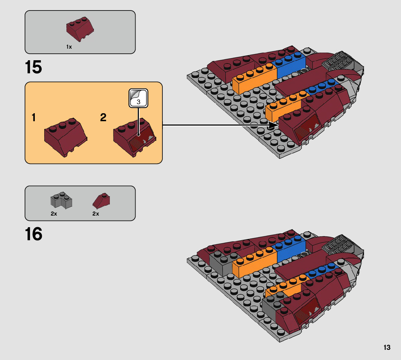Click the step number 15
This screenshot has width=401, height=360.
(33, 68)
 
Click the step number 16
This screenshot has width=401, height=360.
(33, 234)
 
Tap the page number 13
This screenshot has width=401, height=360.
(386, 348)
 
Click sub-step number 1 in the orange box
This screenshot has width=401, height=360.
(33, 118)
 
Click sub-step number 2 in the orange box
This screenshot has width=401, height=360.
(103, 118)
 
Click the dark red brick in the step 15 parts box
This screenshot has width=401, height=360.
(80, 29)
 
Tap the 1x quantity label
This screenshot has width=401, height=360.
(69, 47)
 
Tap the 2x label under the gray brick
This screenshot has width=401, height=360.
(54, 214)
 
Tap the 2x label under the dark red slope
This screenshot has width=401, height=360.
(96, 214)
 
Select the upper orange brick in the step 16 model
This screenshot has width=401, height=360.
(254, 263)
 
